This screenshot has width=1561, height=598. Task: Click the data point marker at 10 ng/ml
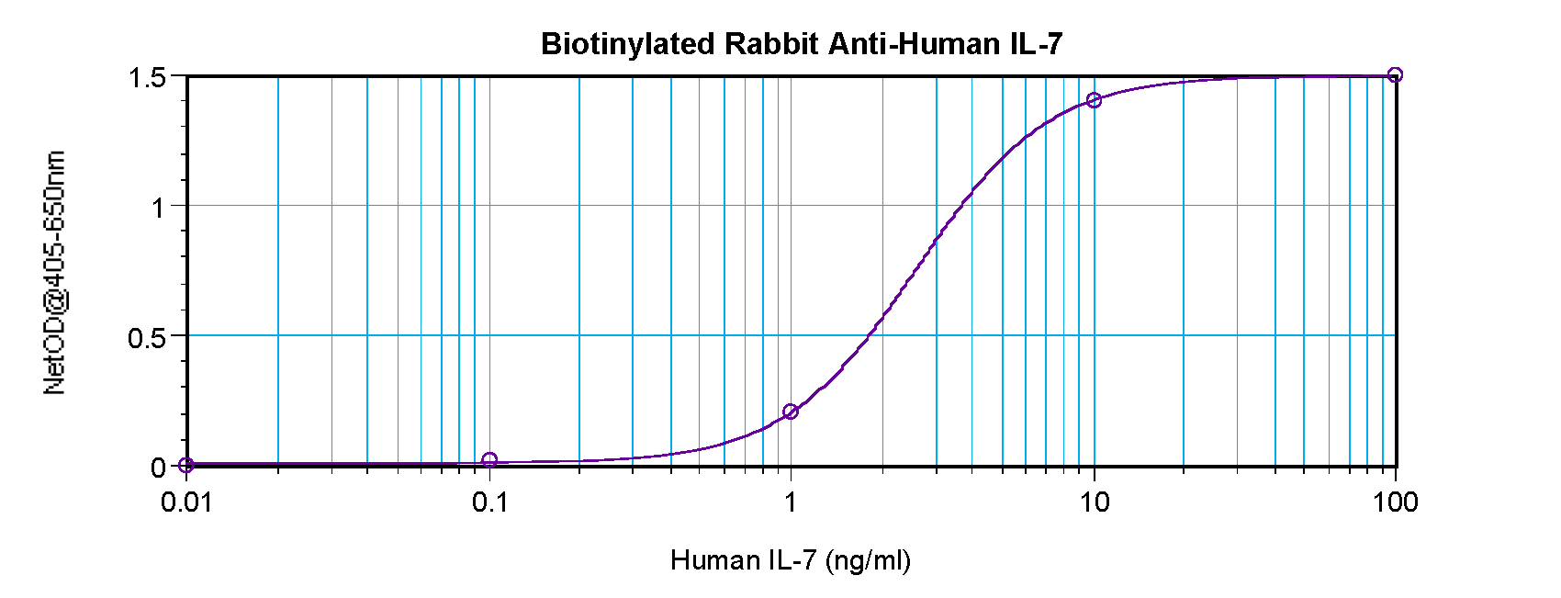click(1093, 100)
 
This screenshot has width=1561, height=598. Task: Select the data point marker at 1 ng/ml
click(791, 412)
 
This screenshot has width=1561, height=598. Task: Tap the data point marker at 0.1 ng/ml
click(489, 460)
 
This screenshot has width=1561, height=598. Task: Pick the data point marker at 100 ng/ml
click(1394, 75)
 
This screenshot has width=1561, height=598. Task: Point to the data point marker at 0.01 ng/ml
click(187, 466)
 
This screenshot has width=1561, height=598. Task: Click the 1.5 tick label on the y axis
click(146, 77)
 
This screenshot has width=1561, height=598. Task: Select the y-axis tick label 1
click(158, 207)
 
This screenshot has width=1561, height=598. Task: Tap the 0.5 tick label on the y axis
click(146, 337)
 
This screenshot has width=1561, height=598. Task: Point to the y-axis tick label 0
click(158, 467)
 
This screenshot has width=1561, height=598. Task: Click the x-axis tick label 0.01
click(186, 502)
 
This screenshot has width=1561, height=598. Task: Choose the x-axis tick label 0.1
click(489, 502)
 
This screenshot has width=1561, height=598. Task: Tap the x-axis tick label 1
click(791, 502)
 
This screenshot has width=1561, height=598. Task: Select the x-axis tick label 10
click(1093, 502)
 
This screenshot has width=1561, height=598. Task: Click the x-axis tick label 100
click(1394, 502)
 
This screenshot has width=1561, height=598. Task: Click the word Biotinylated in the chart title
click(629, 44)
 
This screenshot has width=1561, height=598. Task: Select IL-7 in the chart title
click(1036, 44)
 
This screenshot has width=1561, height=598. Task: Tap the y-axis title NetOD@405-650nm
click(55, 274)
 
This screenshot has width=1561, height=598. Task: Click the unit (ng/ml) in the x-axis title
click(868, 560)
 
